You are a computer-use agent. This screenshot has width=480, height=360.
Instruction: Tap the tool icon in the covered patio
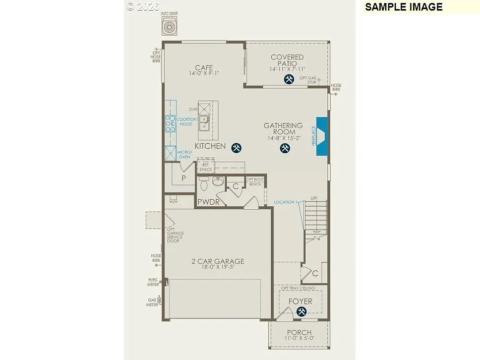(x=289, y=79)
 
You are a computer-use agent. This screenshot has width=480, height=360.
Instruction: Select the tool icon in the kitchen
(x=236, y=148)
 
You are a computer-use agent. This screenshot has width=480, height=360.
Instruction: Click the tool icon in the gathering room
(x=285, y=148)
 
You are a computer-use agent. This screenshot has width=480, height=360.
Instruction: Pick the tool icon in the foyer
(x=302, y=312)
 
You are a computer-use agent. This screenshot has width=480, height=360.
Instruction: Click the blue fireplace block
(x=322, y=136)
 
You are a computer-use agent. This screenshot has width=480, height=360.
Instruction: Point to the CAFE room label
(x=204, y=68)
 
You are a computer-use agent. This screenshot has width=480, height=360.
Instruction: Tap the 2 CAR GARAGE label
(x=218, y=261)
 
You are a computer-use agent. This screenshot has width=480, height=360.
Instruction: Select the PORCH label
(x=299, y=333)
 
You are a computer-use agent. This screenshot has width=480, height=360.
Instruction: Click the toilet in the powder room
(x=204, y=185)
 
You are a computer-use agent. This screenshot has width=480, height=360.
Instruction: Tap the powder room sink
(x=218, y=182)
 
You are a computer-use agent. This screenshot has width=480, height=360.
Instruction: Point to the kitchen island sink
(x=204, y=123)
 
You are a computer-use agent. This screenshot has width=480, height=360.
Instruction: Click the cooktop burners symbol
(x=170, y=123)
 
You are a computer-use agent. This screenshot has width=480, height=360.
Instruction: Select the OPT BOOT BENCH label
(x=255, y=182)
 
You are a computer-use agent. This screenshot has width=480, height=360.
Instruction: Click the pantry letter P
(x=184, y=178)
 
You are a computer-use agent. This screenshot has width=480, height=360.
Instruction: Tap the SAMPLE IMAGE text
(x=403, y=7)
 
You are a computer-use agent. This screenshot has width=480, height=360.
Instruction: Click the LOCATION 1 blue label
(x=285, y=202)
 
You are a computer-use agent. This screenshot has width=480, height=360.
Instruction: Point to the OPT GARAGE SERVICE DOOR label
(x=176, y=235)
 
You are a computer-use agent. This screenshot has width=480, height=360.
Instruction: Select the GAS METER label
(x=152, y=302)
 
